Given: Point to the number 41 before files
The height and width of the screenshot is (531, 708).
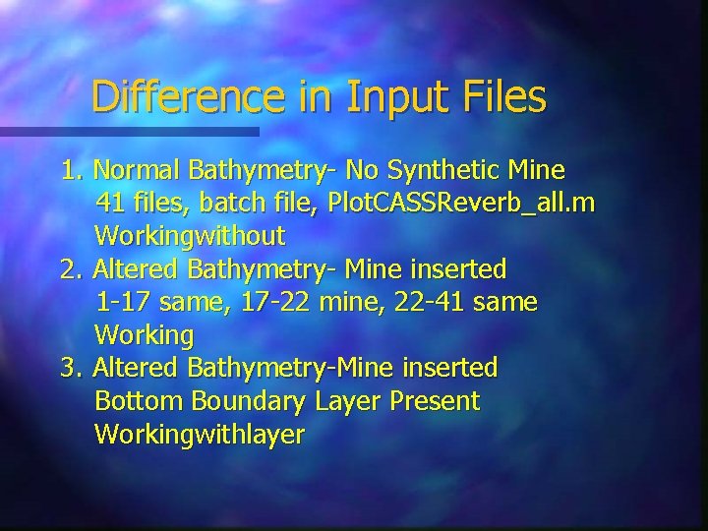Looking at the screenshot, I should pyautogui.click(x=109, y=204).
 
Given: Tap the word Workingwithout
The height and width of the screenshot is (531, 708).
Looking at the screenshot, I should pyautogui.click(x=190, y=236).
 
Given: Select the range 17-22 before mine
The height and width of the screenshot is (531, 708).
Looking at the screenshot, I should pyautogui.click(x=266, y=302).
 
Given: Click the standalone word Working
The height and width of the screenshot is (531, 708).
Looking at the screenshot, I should pyautogui.click(x=145, y=335).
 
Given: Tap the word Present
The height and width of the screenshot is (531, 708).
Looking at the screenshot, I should pyautogui.click(x=436, y=401).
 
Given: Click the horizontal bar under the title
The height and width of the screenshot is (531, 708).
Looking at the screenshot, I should pyautogui.click(x=129, y=130).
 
